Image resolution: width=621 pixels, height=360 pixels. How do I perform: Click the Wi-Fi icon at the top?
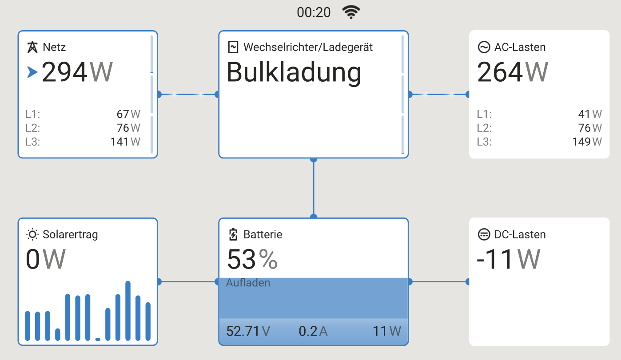point(351,12)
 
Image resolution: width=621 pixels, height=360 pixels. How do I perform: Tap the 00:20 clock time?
point(314,12)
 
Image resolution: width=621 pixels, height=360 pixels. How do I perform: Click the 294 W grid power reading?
point(77,72)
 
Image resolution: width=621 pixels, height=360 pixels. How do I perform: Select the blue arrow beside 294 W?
point(32,72)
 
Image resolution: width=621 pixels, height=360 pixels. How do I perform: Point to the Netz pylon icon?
point(32,47)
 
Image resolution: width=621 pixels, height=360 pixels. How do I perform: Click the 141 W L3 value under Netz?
point(125,142)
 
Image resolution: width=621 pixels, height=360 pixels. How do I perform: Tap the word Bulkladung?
point(294,72)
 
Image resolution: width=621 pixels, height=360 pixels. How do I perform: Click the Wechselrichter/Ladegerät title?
point(308,47)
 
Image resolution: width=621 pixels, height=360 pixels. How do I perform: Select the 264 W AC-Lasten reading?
point(513,72)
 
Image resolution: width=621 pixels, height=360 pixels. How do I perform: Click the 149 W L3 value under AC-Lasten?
point(587,142)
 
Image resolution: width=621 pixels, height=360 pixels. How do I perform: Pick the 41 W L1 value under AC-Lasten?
point(590,114)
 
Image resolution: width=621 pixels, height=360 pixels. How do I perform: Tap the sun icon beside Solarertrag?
point(32,234)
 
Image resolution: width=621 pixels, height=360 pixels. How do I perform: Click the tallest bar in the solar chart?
point(128,311)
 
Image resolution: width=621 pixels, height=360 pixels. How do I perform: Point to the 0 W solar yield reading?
point(46,260)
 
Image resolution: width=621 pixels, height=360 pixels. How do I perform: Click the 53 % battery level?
point(252,260)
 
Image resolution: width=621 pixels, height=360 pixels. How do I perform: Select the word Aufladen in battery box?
point(248,283)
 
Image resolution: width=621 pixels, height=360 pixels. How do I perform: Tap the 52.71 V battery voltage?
point(248,331)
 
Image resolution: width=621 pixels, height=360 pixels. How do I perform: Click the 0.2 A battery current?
point(313,331)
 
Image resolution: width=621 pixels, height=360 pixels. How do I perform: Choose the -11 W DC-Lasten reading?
point(508,260)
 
